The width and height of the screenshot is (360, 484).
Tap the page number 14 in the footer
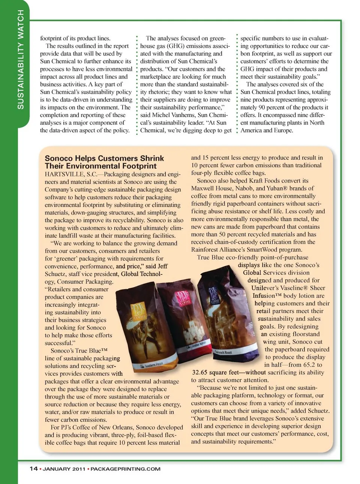(x=33, y=469)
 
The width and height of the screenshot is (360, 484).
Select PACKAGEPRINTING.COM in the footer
(x=125, y=469)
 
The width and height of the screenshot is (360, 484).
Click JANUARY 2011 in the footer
(x=64, y=469)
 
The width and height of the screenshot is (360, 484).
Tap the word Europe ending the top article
(x=283, y=130)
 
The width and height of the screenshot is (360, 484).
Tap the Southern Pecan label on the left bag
(x=148, y=365)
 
